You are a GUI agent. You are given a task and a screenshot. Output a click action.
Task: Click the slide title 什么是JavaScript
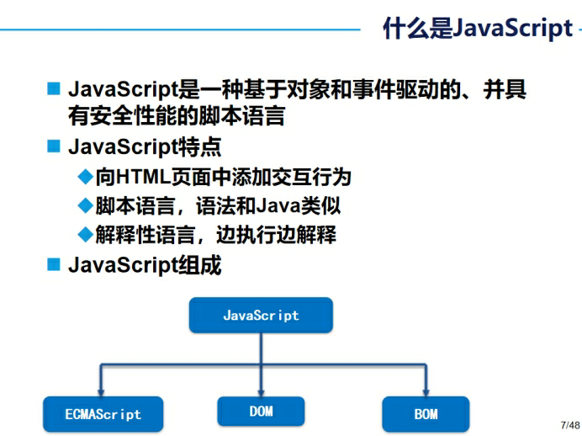tap(477, 29)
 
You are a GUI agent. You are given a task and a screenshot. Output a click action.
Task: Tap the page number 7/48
tap(569, 423)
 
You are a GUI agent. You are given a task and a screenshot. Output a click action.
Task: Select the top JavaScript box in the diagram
tap(261, 316)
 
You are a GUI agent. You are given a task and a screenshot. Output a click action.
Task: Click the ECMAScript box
tap(103, 414)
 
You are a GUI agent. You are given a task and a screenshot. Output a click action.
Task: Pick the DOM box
tap(261, 411)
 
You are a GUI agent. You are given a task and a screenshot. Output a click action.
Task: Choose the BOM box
tap(426, 414)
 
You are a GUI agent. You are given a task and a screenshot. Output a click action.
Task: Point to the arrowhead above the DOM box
tap(261, 390)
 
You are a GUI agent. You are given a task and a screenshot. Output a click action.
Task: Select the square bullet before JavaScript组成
tap(54, 264)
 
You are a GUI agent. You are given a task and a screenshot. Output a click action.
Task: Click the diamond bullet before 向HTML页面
tap(84, 177)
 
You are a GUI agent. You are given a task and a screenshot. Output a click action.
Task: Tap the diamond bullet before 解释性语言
tap(84, 235)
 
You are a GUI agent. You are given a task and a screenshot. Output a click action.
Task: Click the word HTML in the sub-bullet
tap(143, 178)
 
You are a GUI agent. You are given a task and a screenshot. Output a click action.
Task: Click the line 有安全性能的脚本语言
tap(176, 115)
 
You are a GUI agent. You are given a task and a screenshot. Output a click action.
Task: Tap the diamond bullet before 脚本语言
tap(84, 206)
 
